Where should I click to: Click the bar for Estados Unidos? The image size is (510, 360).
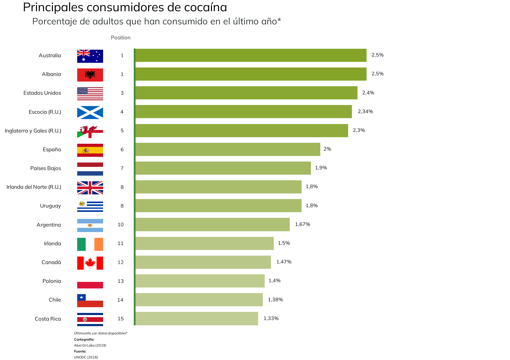click(246, 93)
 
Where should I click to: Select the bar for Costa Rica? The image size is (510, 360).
click(197, 318)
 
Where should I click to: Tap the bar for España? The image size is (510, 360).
click(227, 149)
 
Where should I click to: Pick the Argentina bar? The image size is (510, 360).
click(212, 224)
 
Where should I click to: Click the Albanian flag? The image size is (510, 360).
click(90, 75)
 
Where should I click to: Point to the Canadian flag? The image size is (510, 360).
click(90, 263)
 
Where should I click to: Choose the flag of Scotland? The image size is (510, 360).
click(90, 112)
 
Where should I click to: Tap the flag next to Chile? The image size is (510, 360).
click(90, 300)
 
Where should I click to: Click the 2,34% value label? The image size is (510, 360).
click(365, 112)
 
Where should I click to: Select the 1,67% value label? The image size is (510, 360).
click(302, 224)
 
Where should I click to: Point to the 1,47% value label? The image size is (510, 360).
click(284, 262)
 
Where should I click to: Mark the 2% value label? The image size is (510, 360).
click(327, 149)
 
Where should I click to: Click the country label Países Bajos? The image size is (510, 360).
click(46, 168)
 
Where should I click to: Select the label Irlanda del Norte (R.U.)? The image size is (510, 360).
click(34, 187)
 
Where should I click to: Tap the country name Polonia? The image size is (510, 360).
click(52, 281)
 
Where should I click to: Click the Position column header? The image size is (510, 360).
click(121, 37)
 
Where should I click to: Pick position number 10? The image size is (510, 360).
click(121, 224)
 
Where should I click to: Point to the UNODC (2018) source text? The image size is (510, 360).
click(86, 357)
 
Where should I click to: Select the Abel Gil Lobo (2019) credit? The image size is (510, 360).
click(90, 345)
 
